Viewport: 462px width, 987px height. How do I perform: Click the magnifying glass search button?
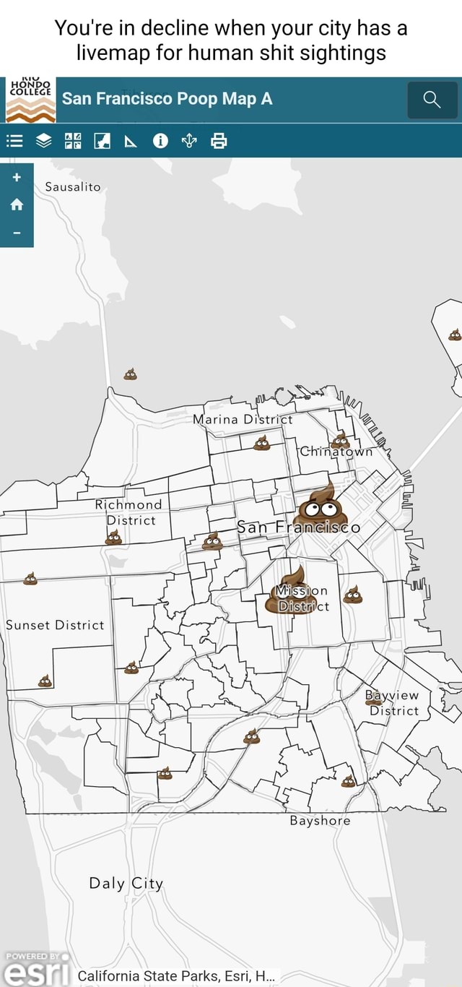(432, 100)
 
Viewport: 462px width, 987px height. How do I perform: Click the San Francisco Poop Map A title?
(167, 99)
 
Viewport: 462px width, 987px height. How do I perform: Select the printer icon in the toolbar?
(219, 141)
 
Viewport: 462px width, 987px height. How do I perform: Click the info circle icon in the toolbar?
(160, 141)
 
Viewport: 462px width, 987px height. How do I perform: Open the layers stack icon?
(44, 141)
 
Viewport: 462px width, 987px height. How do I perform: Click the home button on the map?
(17, 204)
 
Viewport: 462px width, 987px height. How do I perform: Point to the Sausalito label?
(73, 186)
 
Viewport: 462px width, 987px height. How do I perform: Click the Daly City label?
(126, 883)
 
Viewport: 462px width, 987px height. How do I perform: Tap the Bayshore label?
(320, 821)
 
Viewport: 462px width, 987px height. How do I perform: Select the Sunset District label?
(55, 625)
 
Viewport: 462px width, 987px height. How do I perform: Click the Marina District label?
(243, 419)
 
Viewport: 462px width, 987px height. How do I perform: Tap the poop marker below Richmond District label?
(113, 537)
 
